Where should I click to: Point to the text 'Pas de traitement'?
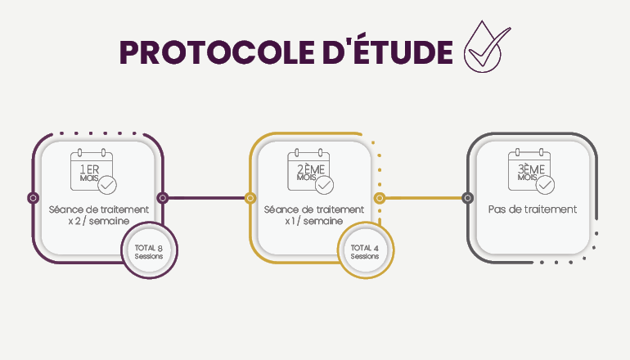[x=532, y=209]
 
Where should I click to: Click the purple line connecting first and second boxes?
[x=206, y=197]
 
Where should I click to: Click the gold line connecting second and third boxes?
[x=423, y=197]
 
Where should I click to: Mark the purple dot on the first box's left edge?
[x=33, y=197]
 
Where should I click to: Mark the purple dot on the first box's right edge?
[x=162, y=197]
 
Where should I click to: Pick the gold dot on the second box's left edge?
[x=250, y=197]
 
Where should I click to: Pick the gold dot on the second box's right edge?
[x=379, y=197]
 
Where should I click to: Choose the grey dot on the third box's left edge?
[x=467, y=197]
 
